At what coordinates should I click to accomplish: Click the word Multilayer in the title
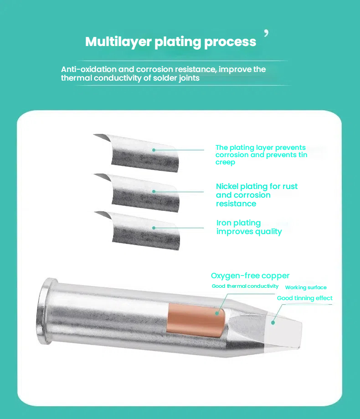tap(118, 42)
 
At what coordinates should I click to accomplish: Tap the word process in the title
tap(230, 42)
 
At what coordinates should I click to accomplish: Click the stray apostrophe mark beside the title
tap(266, 33)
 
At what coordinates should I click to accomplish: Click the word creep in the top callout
tap(225, 163)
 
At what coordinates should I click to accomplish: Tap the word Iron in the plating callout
tap(224, 223)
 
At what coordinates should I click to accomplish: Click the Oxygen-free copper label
tap(250, 276)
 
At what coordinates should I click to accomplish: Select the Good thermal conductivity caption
tap(245, 286)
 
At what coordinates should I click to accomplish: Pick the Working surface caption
tap(306, 287)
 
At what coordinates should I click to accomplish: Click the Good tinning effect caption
tap(305, 298)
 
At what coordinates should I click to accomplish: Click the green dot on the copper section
tap(217, 313)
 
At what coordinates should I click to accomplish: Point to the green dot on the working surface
tap(273, 323)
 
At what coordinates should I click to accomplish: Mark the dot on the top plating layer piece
tap(154, 150)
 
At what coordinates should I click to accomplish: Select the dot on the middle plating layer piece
tap(154, 192)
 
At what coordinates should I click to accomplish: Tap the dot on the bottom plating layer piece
tap(154, 228)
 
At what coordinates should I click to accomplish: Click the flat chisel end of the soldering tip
tap(283, 332)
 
